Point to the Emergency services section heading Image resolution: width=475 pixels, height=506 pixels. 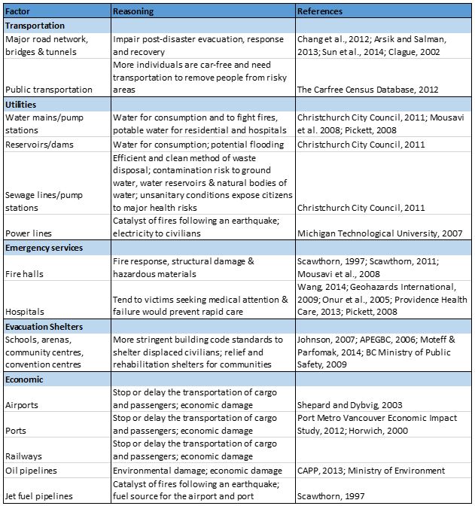(x=43, y=247)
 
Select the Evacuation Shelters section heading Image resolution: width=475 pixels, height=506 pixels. (x=44, y=326)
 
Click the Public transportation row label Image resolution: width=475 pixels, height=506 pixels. (x=49, y=90)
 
